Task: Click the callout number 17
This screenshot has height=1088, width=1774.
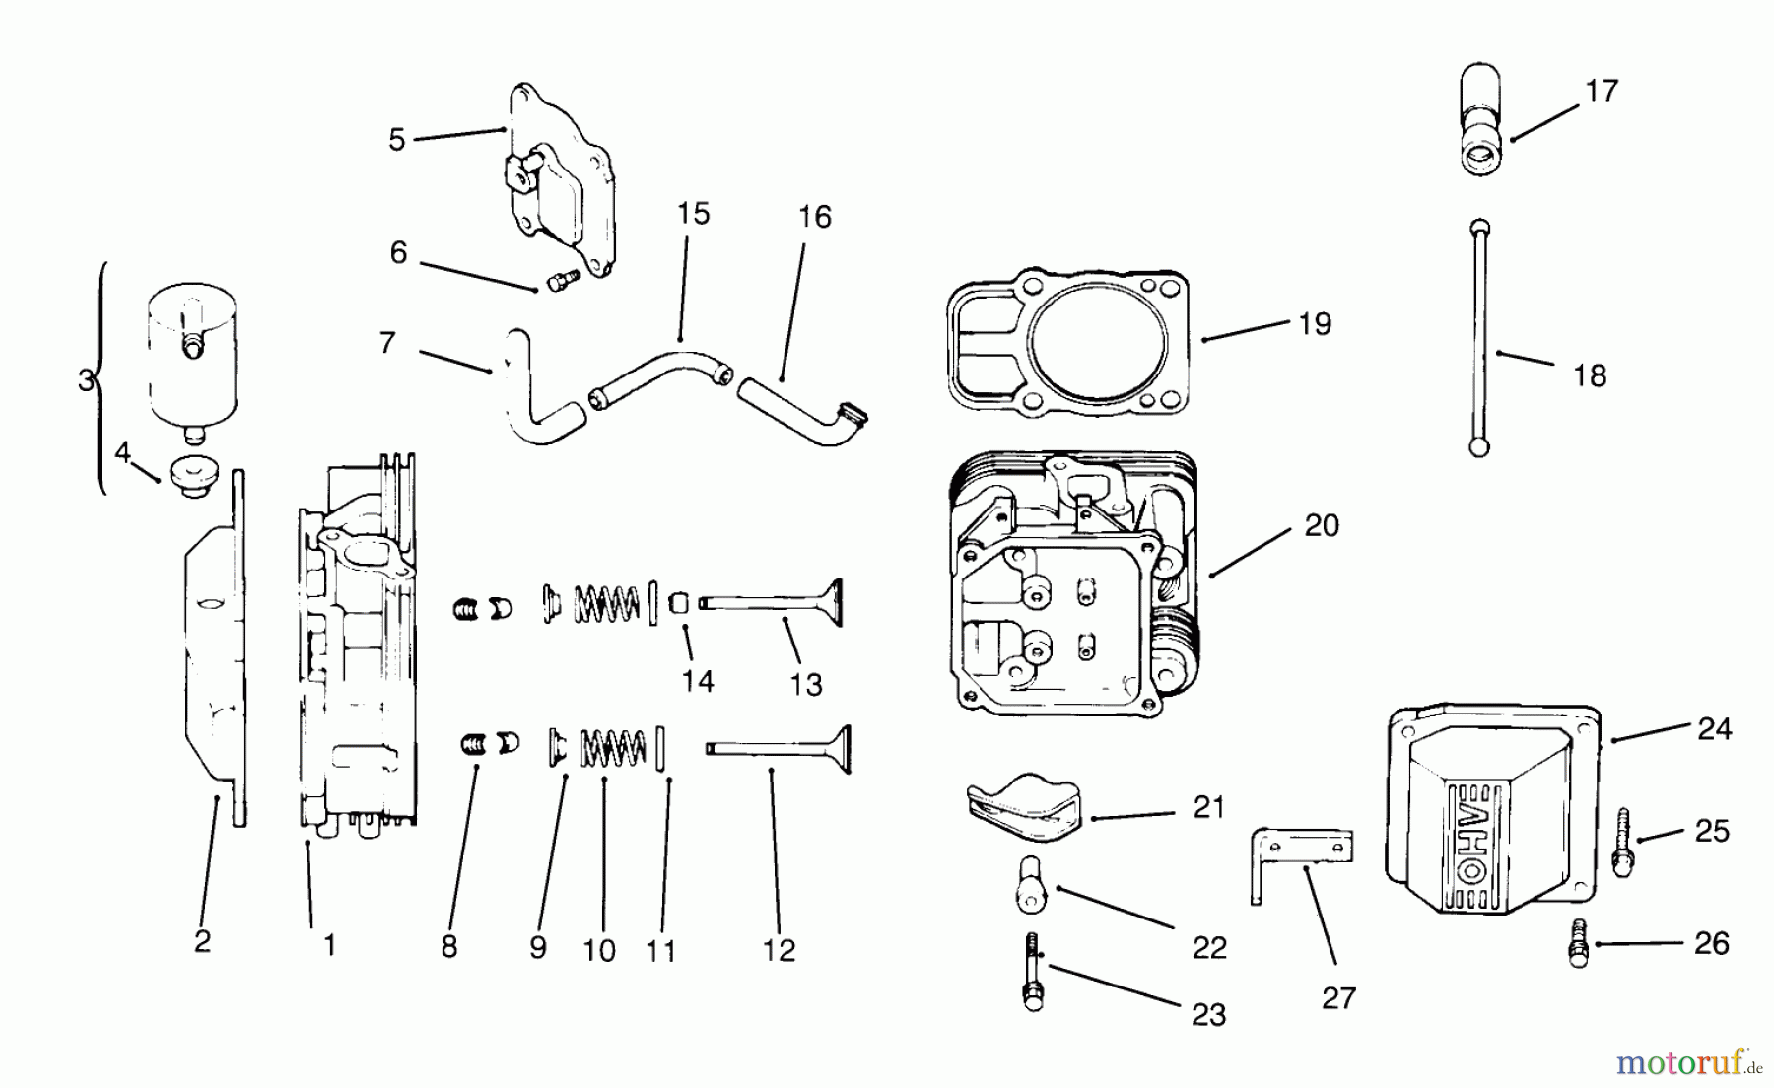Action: [1602, 91]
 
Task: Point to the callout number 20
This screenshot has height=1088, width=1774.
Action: [1322, 526]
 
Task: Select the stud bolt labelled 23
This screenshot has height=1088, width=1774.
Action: [1032, 972]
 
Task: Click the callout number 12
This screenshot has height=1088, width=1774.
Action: [779, 950]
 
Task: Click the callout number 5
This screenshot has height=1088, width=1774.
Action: [396, 140]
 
